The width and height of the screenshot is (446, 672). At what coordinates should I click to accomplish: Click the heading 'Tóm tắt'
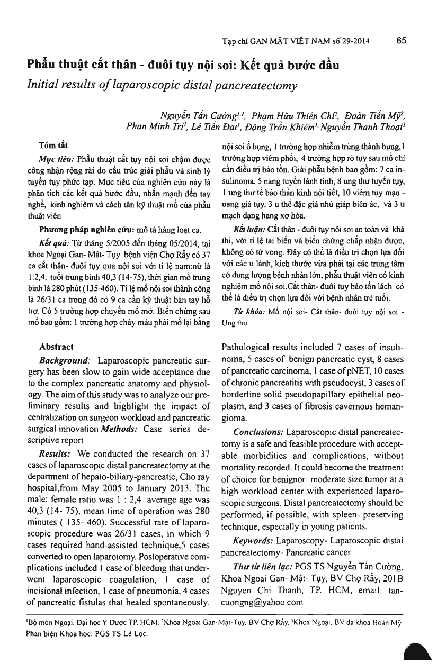click(x=53, y=144)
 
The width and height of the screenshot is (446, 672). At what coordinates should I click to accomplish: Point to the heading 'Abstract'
click(x=57, y=348)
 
